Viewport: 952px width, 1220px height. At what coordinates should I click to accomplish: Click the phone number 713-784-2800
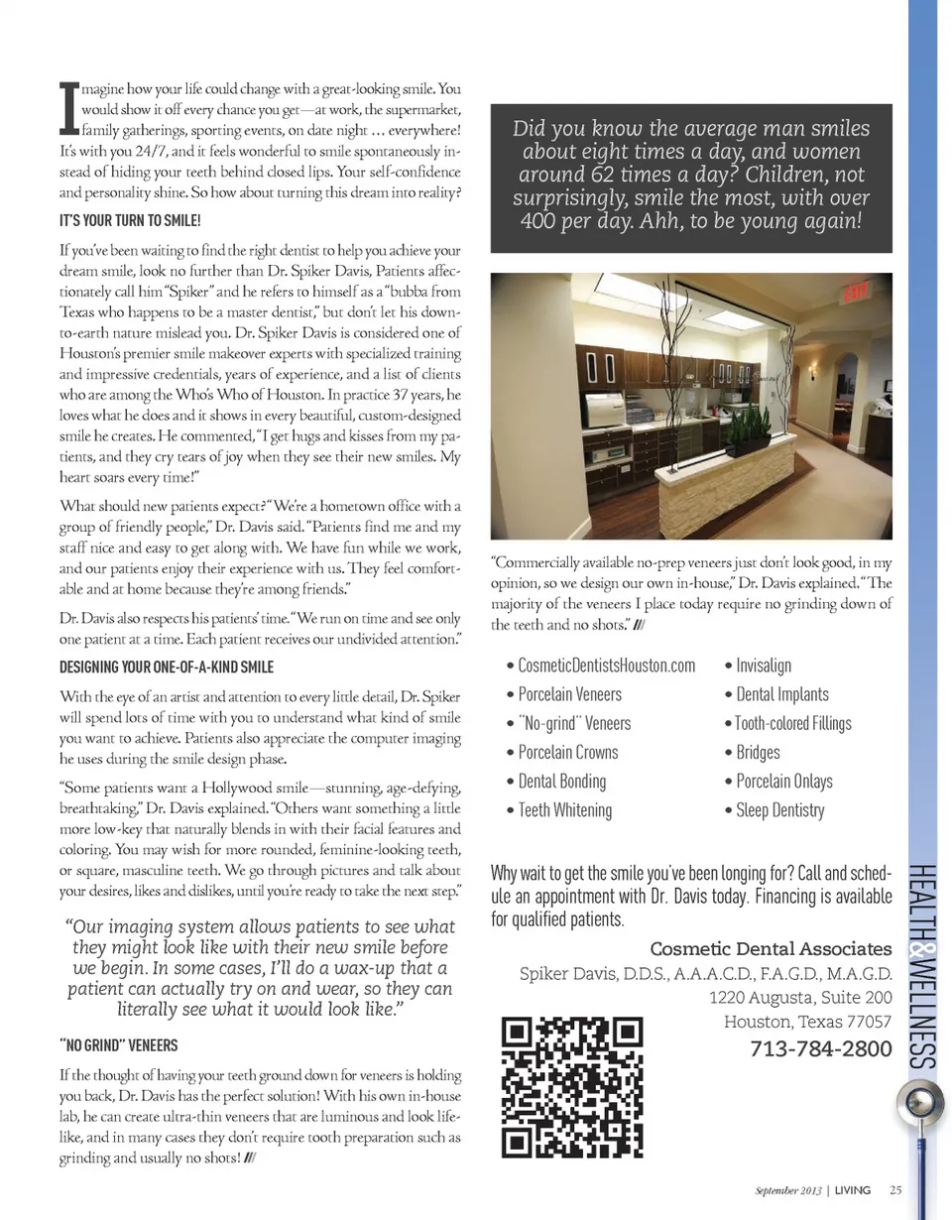click(x=822, y=1048)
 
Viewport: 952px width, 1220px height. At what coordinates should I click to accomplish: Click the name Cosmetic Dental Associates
click(x=771, y=950)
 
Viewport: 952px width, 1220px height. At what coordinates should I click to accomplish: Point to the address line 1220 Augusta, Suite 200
click(x=801, y=998)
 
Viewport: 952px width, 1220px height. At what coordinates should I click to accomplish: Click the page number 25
click(x=895, y=1191)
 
